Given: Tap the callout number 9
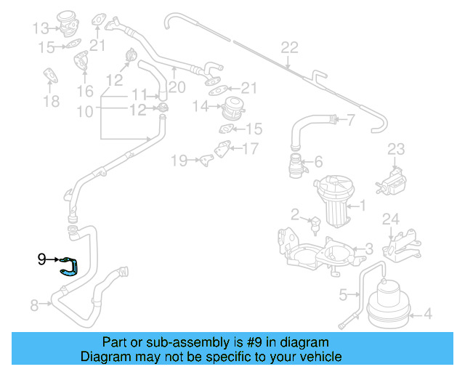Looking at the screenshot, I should tap(41, 258).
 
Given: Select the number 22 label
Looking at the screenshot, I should tap(289, 48).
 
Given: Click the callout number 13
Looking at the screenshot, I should tap(39, 28).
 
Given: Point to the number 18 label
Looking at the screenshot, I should tap(51, 101).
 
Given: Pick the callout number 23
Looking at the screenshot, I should tap(395, 150).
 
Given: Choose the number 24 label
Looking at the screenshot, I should tap(391, 219).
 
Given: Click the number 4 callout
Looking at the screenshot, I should tap(427, 314).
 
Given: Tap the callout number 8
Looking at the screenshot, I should tap(34, 306).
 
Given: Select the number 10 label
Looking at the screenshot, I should tap(85, 111).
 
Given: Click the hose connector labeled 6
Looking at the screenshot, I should tap(296, 166).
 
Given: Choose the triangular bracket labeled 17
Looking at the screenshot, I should tap(217, 154).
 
